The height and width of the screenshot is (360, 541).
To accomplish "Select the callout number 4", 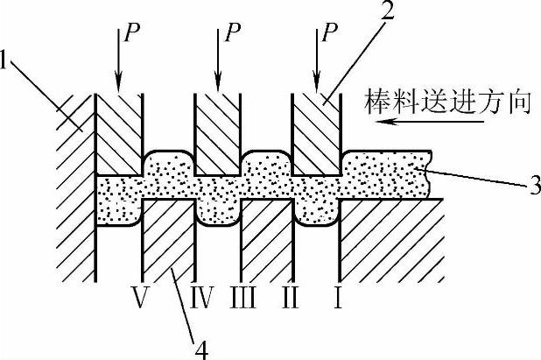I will pos(202,349).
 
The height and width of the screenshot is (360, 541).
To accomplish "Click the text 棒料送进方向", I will pos(447,104).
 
